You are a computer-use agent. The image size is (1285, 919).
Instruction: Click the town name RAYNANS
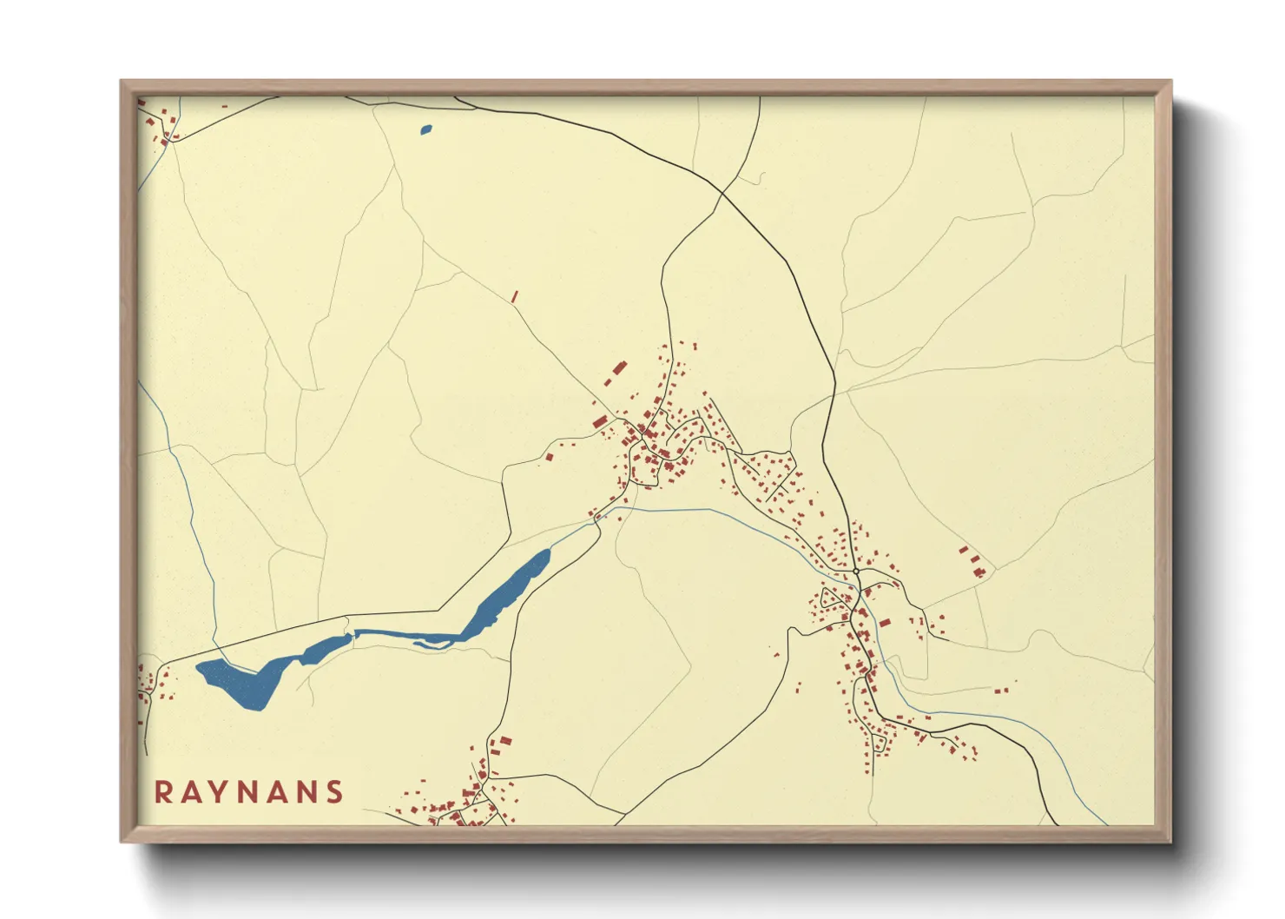click(249, 792)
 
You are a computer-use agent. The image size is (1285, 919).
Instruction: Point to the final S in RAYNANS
click(334, 792)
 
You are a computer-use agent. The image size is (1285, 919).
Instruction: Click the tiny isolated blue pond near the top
click(425, 130)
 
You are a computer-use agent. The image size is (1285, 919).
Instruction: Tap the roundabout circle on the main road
click(856, 572)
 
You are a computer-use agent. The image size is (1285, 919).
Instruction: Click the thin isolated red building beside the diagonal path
click(515, 297)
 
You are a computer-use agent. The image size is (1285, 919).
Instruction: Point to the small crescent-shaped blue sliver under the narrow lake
click(432, 645)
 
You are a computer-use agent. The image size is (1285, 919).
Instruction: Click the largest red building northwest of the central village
click(619, 368)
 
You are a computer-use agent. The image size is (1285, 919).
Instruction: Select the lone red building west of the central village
click(549, 456)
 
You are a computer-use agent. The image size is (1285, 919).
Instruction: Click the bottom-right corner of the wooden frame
click(1170, 840)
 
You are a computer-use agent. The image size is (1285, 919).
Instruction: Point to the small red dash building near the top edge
click(225, 107)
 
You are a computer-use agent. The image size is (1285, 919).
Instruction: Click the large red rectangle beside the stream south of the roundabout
click(884, 622)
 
